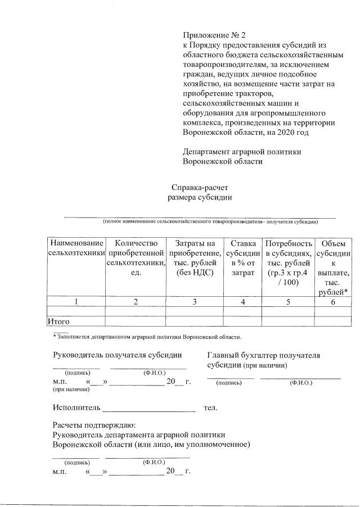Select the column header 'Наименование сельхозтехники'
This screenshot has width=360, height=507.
pyautogui.click(x=76, y=248)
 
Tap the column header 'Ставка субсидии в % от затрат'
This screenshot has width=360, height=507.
pyautogui.click(x=242, y=257)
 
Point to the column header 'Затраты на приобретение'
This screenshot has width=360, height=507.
pyautogui.click(x=194, y=257)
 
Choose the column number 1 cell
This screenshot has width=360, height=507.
pyautogui.click(x=76, y=302)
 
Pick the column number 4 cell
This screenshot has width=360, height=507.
pyautogui.click(x=242, y=302)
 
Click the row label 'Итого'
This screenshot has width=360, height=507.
pyautogui.click(x=58, y=322)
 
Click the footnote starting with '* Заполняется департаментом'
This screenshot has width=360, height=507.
pyautogui.click(x=146, y=337)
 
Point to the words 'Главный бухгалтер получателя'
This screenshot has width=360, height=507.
pyautogui.click(x=263, y=355)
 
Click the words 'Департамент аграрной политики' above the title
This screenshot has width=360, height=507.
pyautogui.click(x=242, y=152)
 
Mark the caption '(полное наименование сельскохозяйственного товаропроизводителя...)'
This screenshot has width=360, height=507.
pyautogui.click(x=210, y=222)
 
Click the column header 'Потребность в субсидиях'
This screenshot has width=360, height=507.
pyautogui.click(x=288, y=262)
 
